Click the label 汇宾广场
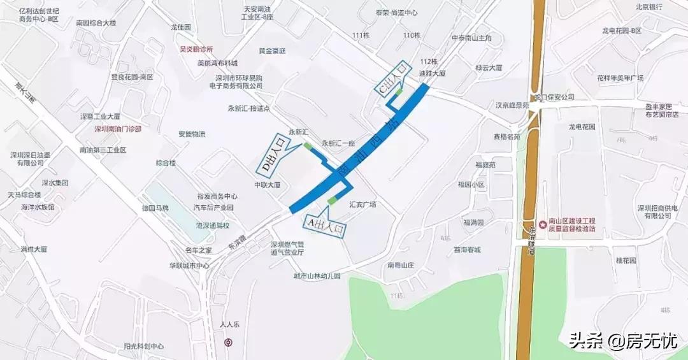(363, 205)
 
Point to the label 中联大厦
(268, 185)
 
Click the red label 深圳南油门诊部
(118, 128)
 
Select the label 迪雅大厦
(432, 73)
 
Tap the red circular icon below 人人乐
(228, 342)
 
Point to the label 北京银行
(649, 6)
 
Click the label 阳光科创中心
(144, 347)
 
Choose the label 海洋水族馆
(38, 207)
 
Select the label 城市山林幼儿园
(317, 276)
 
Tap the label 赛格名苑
(507, 136)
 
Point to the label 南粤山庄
(401, 264)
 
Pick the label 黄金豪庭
(272, 51)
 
